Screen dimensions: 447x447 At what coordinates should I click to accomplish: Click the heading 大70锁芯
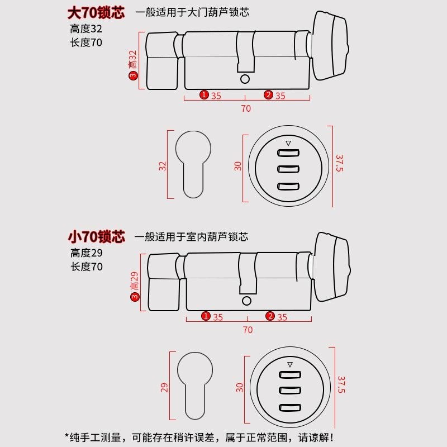click(x=96, y=12)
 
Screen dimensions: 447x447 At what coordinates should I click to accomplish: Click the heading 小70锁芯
click(x=96, y=236)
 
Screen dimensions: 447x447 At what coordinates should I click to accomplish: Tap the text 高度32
click(x=87, y=28)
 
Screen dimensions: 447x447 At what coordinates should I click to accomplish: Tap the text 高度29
click(x=87, y=253)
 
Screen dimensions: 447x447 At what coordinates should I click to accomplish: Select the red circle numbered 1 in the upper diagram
click(x=205, y=95)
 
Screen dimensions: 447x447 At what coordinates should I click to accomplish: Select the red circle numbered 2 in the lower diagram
click(x=270, y=316)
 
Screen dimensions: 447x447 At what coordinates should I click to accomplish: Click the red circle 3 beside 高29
click(x=134, y=298)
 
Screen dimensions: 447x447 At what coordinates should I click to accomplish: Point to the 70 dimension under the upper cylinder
click(x=246, y=108)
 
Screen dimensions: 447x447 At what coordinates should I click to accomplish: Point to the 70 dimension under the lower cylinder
click(x=248, y=330)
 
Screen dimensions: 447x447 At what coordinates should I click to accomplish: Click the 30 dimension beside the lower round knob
click(x=240, y=387)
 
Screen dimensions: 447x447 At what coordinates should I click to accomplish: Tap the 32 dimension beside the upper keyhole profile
click(x=163, y=166)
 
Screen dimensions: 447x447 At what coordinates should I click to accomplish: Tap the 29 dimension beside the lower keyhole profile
click(x=164, y=387)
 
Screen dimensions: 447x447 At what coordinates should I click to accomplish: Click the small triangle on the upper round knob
click(x=288, y=144)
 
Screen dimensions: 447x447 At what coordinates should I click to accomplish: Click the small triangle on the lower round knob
click(x=289, y=365)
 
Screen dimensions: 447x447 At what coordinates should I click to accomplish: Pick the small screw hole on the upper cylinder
click(x=244, y=80)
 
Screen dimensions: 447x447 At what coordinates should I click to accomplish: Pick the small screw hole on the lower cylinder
click(x=246, y=301)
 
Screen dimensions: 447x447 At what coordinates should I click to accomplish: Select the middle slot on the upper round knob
click(x=288, y=169)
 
